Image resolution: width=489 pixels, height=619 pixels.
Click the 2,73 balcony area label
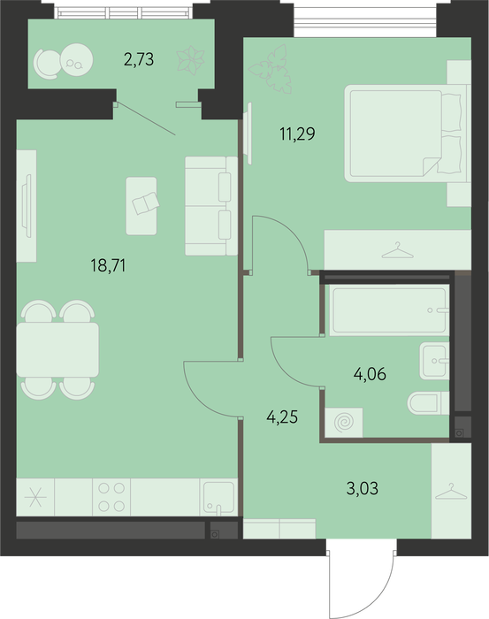coord(139,59)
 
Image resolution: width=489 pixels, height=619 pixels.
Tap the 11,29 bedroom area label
coord(298,134)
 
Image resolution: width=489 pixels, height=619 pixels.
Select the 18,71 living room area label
coord(108,265)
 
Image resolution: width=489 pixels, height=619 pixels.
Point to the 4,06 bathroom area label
coord(370,373)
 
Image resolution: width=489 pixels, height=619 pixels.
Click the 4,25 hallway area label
coord(282,416)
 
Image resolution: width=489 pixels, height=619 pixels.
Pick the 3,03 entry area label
coord(363,488)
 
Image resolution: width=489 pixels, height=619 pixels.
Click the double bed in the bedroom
coord(408,134)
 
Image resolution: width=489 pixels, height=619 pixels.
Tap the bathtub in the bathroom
coord(389,310)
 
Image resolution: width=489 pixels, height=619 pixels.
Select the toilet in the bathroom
coord(428,403)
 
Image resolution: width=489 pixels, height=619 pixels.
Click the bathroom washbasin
coord(434,361)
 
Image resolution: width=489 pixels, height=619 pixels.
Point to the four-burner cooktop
coord(111,497)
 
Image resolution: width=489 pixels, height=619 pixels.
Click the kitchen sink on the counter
coord(218,497)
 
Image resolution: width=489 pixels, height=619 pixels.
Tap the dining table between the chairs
coord(57,350)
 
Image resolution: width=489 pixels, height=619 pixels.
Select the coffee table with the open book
coord(141,206)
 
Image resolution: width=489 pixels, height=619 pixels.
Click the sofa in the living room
coord(211,206)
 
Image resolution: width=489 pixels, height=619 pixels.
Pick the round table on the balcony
coord(77,59)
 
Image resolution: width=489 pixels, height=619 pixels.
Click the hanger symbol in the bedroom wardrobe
coord(397,250)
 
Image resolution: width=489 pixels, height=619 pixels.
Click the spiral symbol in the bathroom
coord(344,423)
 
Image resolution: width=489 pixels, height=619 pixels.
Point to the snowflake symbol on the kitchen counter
coord(35,497)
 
